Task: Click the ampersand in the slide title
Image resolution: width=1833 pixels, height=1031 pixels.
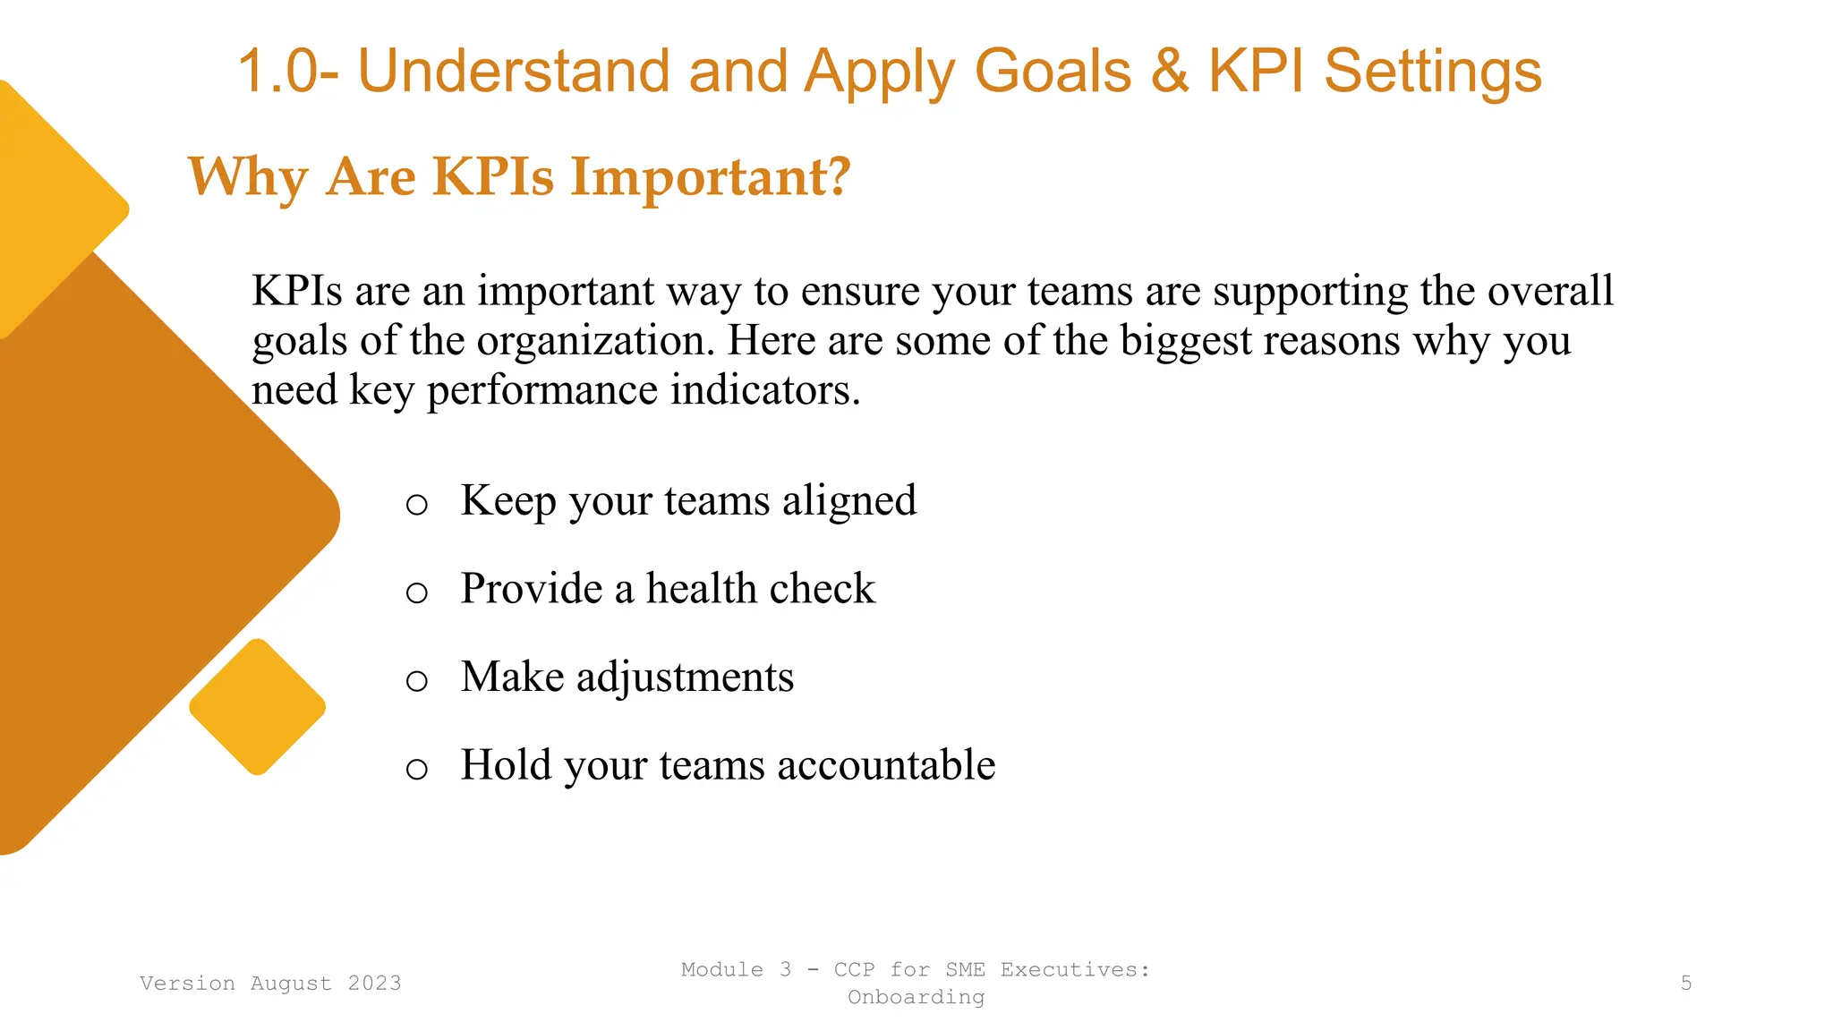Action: [1170, 72]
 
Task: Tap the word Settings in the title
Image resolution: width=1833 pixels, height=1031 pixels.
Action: [1432, 72]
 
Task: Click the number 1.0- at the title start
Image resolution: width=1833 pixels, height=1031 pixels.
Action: [288, 72]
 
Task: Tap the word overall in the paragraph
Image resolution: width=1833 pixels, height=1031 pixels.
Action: [1550, 292]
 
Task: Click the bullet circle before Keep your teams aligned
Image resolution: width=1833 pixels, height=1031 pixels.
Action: [416, 505]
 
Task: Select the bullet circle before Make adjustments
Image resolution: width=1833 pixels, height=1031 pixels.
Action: [416, 681]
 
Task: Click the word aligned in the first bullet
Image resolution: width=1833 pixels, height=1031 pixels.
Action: [849, 500]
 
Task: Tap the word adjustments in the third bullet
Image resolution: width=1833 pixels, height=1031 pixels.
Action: [685, 677]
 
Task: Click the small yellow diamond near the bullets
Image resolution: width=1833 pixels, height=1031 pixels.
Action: [258, 706]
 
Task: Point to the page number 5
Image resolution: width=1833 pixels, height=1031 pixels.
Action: [1685, 984]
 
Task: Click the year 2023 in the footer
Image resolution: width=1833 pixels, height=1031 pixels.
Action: [374, 984]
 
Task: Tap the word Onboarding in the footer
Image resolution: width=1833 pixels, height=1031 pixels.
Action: [916, 997]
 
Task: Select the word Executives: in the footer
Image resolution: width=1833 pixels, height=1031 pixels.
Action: [1074, 970]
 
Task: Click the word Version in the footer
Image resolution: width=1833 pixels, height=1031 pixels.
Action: [187, 984]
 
